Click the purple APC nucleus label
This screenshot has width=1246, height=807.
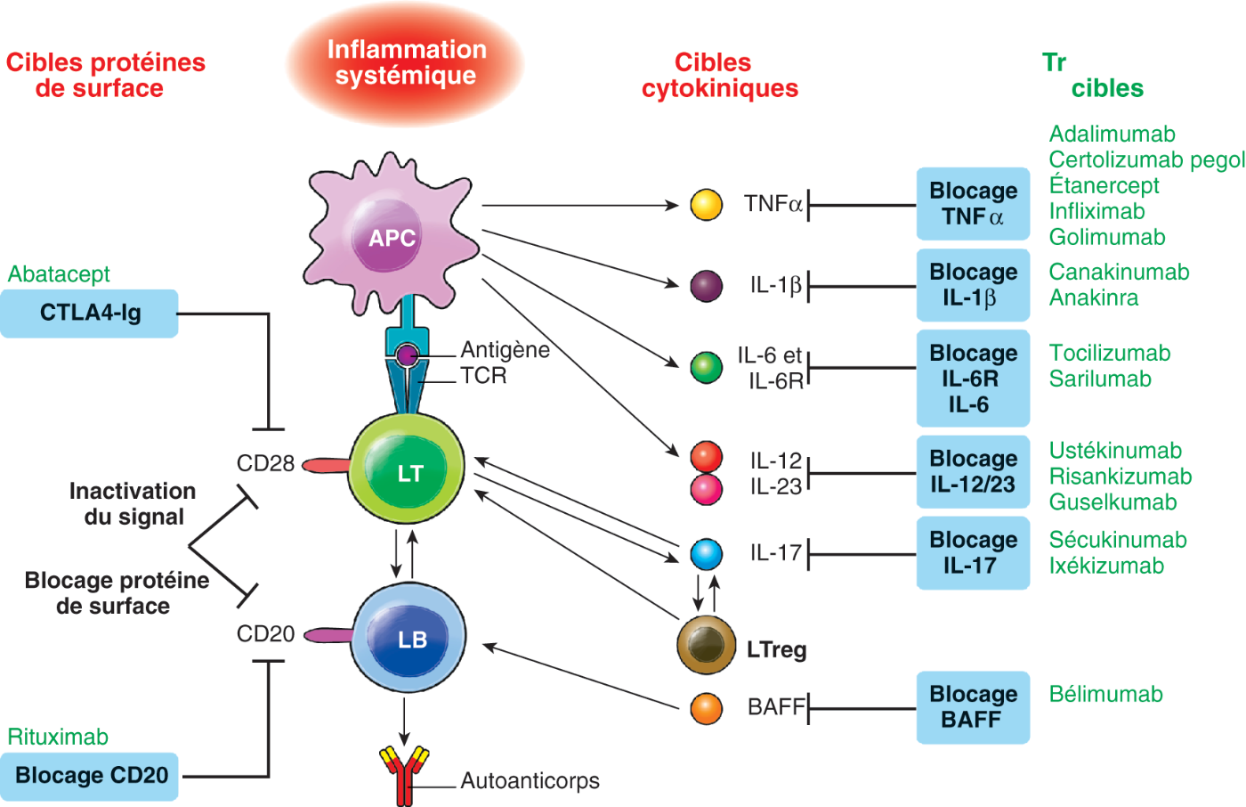coord(392,238)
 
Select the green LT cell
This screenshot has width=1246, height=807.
coord(409,469)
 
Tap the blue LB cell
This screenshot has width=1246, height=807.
coord(410,637)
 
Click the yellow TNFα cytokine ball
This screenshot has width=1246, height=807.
coord(706,205)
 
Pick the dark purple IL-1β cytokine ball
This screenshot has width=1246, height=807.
coord(706,286)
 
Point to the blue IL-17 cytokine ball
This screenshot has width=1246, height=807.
coord(706,554)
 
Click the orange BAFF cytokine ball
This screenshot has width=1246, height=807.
coord(706,708)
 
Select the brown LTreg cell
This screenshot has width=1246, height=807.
coord(706,645)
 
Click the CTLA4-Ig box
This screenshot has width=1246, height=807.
coord(89,314)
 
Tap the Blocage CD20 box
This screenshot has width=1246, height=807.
coord(91,776)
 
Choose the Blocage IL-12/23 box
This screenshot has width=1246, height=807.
coord(973,472)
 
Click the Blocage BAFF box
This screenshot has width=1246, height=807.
coord(973,707)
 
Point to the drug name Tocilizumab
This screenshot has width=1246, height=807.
coord(1109,353)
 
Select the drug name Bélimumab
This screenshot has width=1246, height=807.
coord(1105,695)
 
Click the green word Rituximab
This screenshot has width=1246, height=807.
coord(58,737)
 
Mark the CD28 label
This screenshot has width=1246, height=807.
coord(265,463)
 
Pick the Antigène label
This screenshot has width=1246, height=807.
coord(505,350)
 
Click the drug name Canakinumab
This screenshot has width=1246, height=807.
coord(1119,272)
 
